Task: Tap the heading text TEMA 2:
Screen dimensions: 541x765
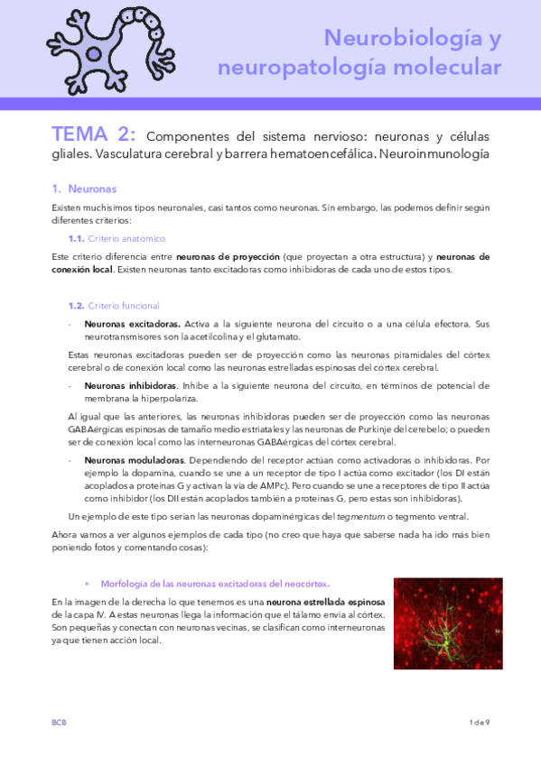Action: pos(94,135)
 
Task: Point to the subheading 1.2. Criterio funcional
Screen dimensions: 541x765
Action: pos(115,306)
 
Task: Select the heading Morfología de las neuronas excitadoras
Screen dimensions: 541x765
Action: pos(215,584)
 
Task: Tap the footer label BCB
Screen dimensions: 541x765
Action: pos(59,723)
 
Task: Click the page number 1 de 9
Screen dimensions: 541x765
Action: pos(479,723)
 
